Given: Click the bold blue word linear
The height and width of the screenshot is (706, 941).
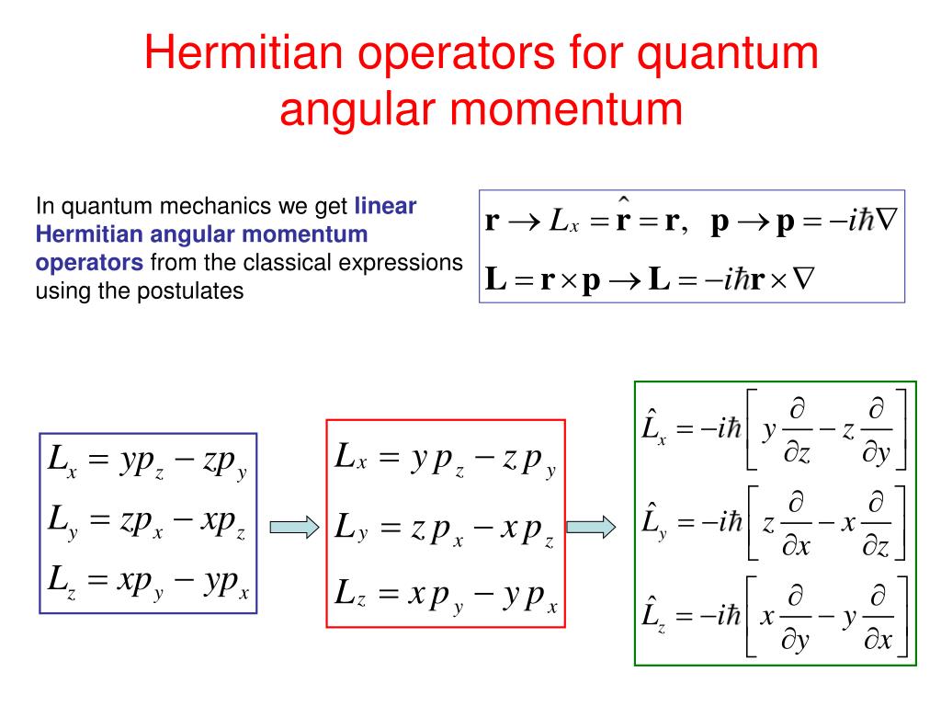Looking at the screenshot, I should point(385,205).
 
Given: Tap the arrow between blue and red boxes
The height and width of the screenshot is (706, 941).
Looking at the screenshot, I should point(293,528).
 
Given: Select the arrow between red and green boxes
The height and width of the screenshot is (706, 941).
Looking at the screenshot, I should point(591,528).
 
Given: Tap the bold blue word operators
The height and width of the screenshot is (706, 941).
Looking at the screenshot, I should point(89,263).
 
